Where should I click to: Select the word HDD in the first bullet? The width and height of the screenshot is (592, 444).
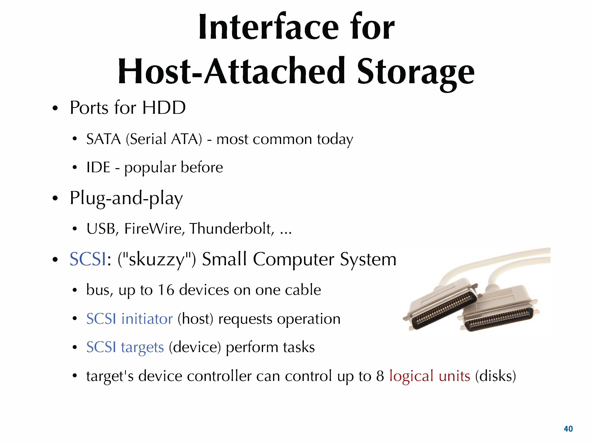pos(164,108)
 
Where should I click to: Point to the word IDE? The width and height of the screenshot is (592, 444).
pos(98,167)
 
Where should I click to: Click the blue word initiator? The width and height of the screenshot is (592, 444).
pos(147,319)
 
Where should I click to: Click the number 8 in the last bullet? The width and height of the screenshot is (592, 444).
pos(380,376)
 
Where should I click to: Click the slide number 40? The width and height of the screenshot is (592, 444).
pos(568,429)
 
